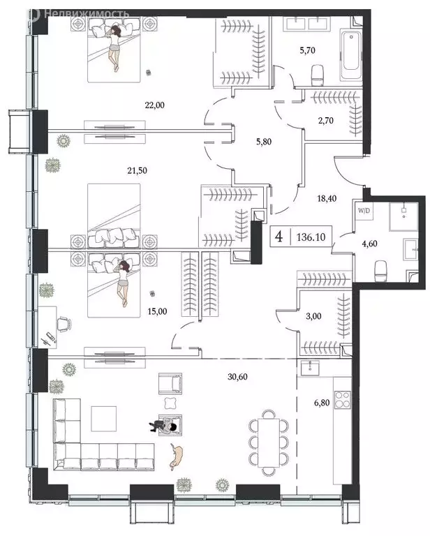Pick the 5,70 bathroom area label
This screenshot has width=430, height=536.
point(306,50)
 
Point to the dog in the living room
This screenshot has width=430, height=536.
point(177,456)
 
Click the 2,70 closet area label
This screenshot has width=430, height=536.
point(325,121)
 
